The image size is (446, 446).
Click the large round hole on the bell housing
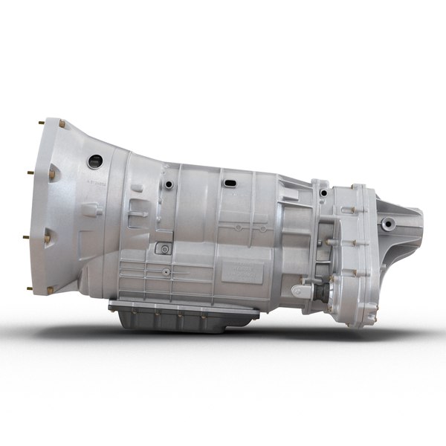coord(94,161)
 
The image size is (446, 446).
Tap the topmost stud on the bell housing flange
coord(62,123)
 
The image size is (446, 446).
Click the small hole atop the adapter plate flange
coord(323,193)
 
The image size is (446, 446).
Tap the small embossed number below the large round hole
coord(95,181)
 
